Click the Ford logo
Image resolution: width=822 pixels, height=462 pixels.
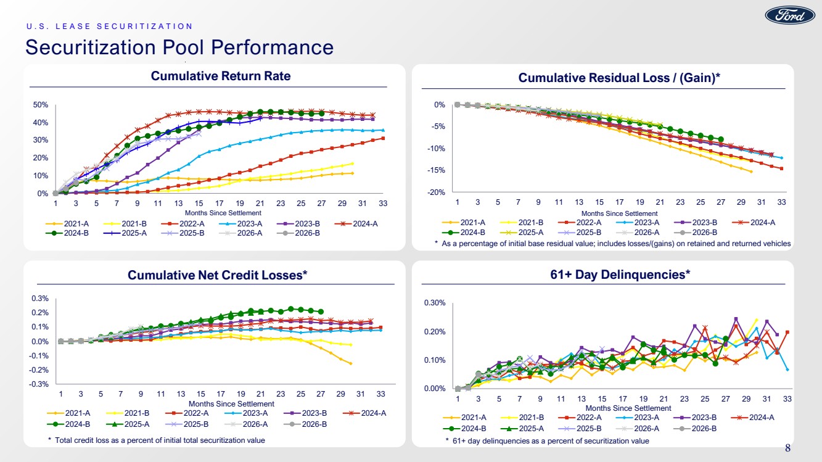point(790,15)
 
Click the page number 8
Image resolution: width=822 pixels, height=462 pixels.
point(787,448)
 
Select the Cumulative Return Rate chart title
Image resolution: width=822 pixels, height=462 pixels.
point(221,76)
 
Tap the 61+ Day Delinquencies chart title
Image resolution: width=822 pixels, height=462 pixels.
point(620,274)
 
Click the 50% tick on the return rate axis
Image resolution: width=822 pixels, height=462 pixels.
point(40,105)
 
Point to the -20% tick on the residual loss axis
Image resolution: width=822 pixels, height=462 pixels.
point(436,192)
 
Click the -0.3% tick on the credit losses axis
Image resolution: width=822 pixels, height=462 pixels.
point(39,384)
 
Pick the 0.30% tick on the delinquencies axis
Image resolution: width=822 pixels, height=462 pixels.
point(435,303)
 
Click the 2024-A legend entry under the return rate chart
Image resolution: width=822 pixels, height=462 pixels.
point(356,223)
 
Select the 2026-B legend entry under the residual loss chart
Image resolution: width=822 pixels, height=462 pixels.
point(696,233)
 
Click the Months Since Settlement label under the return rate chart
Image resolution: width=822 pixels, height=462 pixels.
point(223,213)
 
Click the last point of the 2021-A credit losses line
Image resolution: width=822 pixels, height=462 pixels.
point(351,364)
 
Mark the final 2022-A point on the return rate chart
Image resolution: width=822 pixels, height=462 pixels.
point(383,138)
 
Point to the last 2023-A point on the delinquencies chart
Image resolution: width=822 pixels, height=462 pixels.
point(787,369)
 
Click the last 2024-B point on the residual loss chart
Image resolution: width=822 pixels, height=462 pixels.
point(721,139)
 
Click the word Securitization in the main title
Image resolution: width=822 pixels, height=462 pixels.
point(91,47)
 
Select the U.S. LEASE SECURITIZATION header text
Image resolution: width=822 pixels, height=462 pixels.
point(109,27)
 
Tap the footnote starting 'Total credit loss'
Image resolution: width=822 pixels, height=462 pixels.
point(160,440)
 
